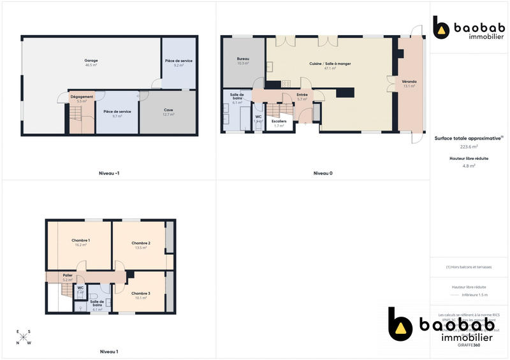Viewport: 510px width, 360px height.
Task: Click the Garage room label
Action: (x=91, y=61)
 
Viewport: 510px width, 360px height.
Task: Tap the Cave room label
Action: (x=168, y=110)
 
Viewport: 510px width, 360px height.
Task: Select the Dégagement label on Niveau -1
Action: (x=82, y=97)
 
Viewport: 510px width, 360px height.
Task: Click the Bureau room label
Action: (x=242, y=59)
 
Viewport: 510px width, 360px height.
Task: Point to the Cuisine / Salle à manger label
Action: (x=330, y=64)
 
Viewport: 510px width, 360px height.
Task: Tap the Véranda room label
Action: (x=409, y=82)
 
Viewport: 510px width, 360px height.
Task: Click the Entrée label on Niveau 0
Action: (x=302, y=95)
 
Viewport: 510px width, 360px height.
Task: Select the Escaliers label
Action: (x=279, y=121)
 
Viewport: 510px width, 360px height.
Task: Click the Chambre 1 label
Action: (x=80, y=240)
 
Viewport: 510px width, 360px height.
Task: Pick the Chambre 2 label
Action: (x=141, y=243)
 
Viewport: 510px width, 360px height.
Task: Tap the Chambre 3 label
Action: (x=141, y=293)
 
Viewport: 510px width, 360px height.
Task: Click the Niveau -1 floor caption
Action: (x=109, y=173)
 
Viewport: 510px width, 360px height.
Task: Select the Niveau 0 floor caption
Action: (x=323, y=173)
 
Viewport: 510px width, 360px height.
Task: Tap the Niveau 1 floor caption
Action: (x=109, y=351)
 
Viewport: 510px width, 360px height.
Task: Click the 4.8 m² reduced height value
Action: (x=469, y=166)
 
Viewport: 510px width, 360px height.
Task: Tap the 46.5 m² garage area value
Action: (x=91, y=65)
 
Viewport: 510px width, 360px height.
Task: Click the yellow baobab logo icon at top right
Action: (x=442, y=27)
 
